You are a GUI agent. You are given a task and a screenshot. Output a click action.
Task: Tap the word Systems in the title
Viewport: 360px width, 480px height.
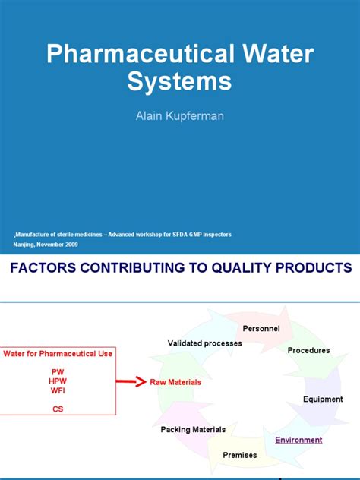point(179,81)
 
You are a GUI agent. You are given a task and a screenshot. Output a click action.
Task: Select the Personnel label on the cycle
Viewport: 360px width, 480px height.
point(261,328)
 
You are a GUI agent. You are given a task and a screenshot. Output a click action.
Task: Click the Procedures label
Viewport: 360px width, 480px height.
point(308,350)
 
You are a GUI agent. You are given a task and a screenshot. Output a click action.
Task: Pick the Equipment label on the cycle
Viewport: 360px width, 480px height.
point(323,399)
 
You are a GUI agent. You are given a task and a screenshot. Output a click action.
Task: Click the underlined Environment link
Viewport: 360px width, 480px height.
point(298,440)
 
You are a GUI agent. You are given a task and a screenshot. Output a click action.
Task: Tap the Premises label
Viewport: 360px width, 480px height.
point(239,455)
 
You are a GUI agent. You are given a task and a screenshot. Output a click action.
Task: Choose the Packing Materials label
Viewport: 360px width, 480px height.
point(193,429)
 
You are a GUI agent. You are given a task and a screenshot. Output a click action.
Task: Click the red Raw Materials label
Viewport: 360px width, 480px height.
point(175,382)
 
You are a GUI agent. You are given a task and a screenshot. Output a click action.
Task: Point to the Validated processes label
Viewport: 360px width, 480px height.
point(205,343)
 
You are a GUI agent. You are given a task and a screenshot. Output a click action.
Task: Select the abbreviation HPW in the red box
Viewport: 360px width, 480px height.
point(58,381)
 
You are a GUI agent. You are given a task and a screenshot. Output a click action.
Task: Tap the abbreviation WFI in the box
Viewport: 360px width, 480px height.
point(58,391)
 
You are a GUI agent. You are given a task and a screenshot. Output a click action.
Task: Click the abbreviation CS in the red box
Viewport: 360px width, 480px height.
point(58,409)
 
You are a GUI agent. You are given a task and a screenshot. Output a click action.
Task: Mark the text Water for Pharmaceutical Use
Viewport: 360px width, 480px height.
point(58,353)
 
